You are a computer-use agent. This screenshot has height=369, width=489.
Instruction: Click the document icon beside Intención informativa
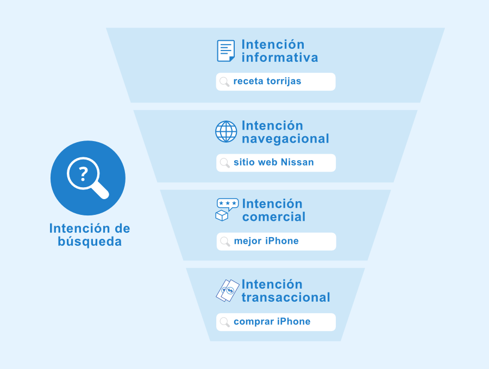click(x=226, y=51)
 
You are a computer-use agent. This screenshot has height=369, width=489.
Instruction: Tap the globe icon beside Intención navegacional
click(x=226, y=131)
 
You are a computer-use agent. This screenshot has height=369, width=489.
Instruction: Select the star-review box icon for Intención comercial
click(x=227, y=209)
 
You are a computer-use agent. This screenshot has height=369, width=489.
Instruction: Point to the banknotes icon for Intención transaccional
click(x=228, y=290)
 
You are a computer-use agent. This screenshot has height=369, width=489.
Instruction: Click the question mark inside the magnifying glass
click(x=83, y=174)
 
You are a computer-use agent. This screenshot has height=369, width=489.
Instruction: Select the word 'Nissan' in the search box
click(x=297, y=162)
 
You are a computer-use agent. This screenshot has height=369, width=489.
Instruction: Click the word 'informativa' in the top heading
click(x=280, y=58)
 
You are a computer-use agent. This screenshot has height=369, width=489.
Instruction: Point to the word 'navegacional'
click(x=285, y=139)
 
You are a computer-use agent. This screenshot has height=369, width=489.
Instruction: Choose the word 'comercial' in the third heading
click(x=274, y=217)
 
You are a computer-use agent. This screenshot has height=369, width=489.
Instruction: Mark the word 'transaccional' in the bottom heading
click(x=286, y=297)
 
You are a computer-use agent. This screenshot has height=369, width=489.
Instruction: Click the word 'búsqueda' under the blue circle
click(x=90, y=241)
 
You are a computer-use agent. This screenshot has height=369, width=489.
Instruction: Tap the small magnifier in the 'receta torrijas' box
click(x=224, y=82)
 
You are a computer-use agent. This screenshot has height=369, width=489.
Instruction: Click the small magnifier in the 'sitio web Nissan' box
click(x=225, y=163)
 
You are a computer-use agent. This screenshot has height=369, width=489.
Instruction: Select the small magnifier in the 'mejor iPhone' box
click(x=225, y=241)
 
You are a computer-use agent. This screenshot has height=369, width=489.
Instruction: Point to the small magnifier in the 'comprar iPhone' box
click(x=225, y=322)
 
